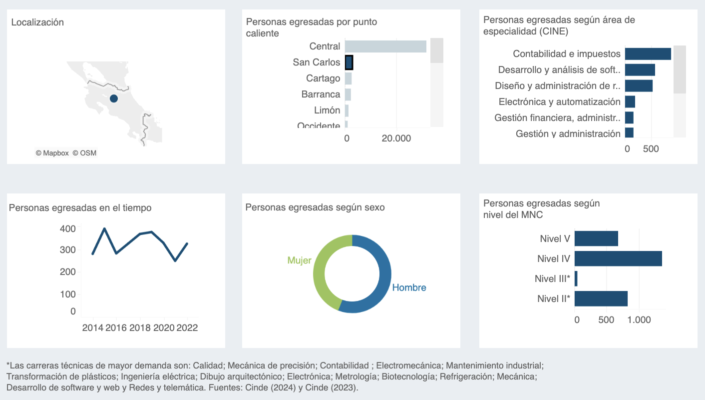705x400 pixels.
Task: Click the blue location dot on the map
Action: (114, 98)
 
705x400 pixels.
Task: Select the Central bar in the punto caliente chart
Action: (385, 46)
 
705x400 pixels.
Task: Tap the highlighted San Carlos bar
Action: (349, 62)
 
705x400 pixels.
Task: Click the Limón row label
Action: (327, 110)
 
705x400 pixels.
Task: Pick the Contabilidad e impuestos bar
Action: (648, 54)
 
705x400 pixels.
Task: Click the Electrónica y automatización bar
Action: (630, 102)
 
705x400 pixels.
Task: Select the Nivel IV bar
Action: (618, 259)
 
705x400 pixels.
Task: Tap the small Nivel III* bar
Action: (576, 279)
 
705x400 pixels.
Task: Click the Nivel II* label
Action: (554, 299)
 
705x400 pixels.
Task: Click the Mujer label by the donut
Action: (299, 260)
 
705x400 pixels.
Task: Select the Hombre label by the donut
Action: (409, 288)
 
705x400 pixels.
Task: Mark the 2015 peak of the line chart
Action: (104, 228)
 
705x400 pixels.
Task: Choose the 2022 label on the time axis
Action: (187, 328)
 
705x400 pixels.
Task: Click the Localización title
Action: (37, 22)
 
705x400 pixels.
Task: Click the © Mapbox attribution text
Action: (52, 153)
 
